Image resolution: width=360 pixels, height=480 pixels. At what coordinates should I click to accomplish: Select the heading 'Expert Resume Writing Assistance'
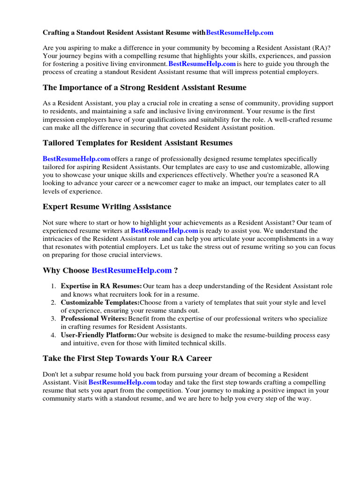click(107, 207)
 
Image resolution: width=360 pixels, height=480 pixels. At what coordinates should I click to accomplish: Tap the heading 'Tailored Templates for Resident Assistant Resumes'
click(137, 142)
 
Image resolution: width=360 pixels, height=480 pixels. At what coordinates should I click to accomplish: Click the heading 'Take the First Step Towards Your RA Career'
click(127, 359)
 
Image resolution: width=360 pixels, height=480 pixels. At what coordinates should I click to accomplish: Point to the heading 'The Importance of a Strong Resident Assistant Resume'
click(144, 88)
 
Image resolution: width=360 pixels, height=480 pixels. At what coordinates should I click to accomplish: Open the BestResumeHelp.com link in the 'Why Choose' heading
click(132, 270)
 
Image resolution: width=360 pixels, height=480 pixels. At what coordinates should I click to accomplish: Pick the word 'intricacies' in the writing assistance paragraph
click(60, 239)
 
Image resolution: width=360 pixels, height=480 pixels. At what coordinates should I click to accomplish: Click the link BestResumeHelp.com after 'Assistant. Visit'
click(122, 382)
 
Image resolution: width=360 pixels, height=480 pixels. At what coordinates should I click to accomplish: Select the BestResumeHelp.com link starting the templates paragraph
click(76, 159)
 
